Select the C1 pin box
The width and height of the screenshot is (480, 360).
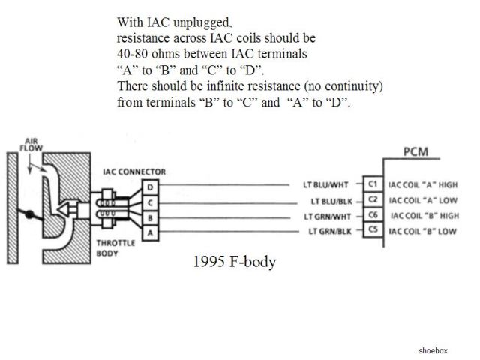372,184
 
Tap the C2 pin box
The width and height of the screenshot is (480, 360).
372,201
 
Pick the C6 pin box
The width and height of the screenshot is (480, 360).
372,216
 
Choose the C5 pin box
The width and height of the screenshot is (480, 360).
372,231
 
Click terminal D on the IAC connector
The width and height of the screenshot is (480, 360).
151,187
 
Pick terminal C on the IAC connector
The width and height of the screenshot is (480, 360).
151,202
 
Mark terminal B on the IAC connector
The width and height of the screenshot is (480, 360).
151,217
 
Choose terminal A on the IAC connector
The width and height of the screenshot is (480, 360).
151,232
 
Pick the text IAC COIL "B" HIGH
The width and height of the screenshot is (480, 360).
422,216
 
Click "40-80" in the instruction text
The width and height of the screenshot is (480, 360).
132,53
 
